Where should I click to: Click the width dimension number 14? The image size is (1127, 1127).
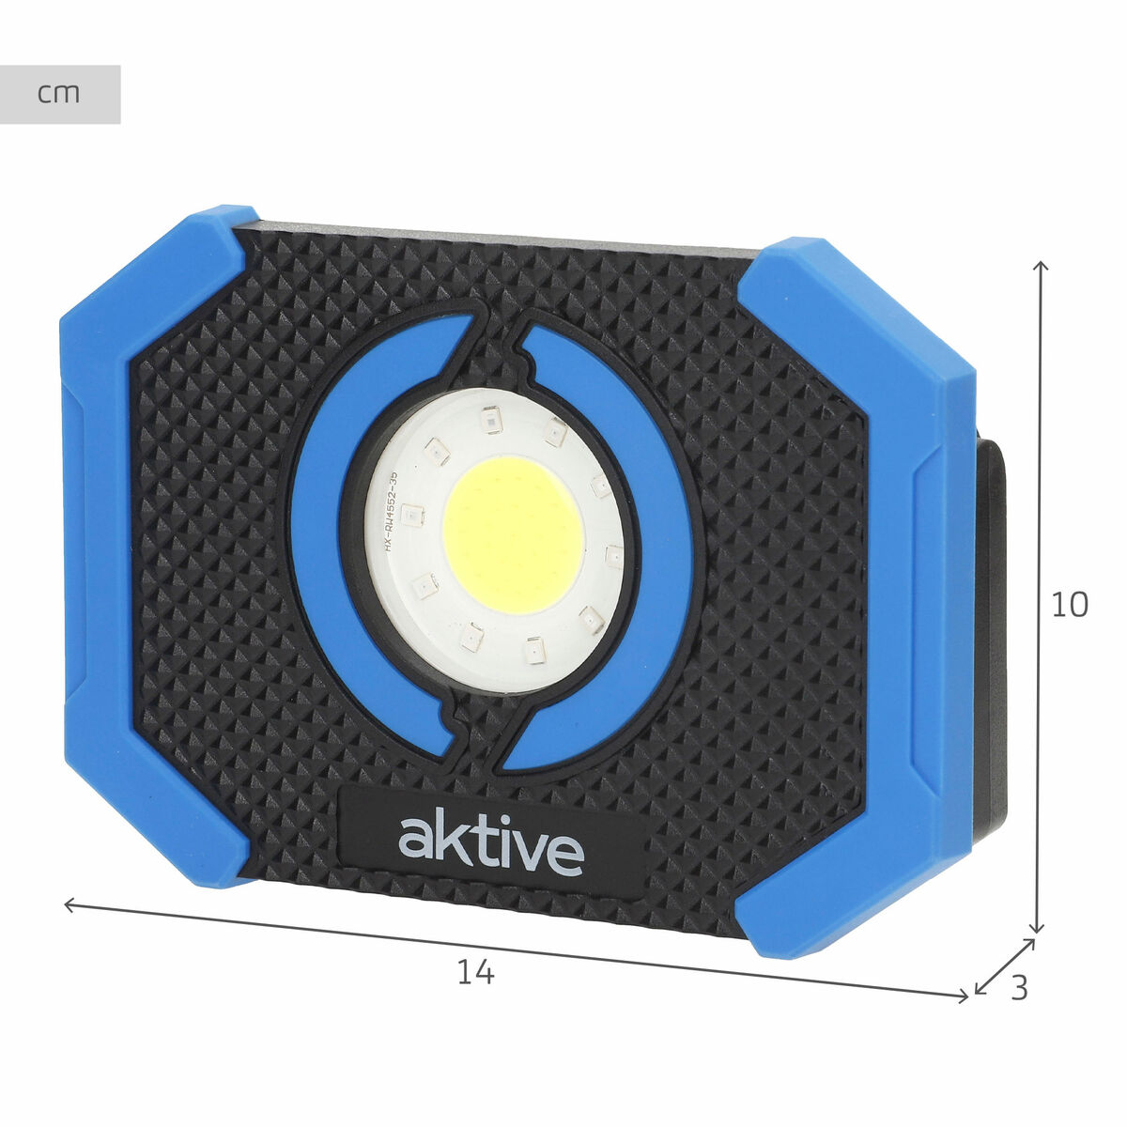tap(475, 973)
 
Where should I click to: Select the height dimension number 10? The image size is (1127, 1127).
tap(1069, 605)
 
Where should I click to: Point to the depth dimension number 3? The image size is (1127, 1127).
tap(1019, 988)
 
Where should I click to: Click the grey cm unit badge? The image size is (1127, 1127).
tap(60, 94)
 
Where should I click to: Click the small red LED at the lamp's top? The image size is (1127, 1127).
tap(489, 419)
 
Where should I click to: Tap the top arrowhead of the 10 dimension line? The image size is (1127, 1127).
tap(1040, 268)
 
